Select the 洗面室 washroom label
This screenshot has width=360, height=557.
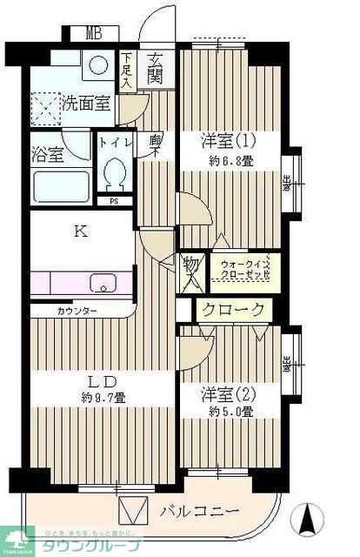85,104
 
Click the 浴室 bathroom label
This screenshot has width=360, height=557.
49,155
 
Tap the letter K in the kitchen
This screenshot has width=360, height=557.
80,232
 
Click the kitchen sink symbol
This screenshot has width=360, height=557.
103,284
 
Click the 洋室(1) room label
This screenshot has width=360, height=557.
227,139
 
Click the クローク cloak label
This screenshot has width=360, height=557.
233,309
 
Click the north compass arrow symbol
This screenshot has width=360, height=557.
306,521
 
